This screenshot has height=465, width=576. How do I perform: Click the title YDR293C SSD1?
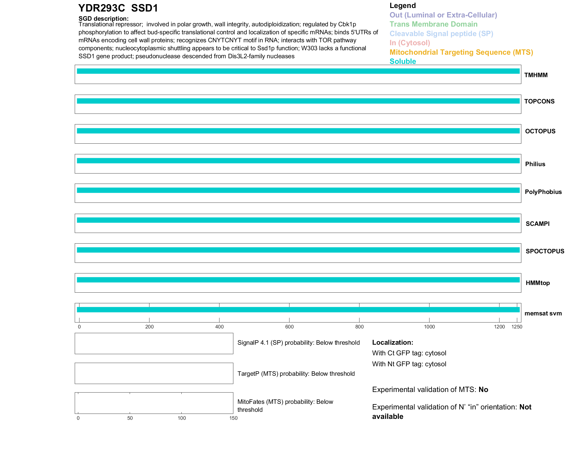118,8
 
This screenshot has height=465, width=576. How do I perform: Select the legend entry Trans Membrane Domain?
433,24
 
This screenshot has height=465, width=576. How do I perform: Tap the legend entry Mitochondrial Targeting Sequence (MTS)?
461,52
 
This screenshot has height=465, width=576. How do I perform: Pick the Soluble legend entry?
403,61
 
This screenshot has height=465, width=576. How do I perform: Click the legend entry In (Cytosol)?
410,43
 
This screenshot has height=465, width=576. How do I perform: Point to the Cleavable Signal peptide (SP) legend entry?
441,34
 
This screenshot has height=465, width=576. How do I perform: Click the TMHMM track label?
536,75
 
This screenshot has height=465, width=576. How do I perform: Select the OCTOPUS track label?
540,131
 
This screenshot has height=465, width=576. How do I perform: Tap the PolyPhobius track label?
543,192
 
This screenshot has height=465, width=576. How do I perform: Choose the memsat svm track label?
543,313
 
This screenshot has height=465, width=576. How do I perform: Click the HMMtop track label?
538,283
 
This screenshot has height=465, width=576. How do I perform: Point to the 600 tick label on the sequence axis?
289,327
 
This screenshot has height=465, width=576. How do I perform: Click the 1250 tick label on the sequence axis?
517,327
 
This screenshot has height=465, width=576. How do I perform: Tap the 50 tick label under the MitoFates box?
130,418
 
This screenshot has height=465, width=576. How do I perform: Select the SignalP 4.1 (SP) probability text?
298,343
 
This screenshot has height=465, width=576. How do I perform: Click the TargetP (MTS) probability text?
296,374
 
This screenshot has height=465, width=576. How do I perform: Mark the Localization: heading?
393,342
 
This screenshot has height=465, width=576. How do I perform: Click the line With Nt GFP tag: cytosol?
409,364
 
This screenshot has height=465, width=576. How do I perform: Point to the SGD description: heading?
103,19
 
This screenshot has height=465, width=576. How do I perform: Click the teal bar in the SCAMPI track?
298,220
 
